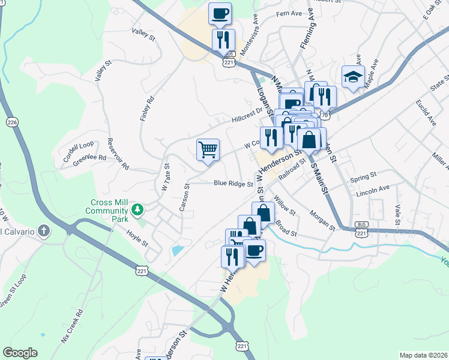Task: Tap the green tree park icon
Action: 138,209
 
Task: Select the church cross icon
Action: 43,231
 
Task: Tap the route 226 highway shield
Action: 11,122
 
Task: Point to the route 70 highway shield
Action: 325,113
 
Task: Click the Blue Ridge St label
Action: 233,184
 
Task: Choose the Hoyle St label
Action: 137,238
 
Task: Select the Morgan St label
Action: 322,220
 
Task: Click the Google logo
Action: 20,353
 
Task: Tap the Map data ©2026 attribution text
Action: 423,355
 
